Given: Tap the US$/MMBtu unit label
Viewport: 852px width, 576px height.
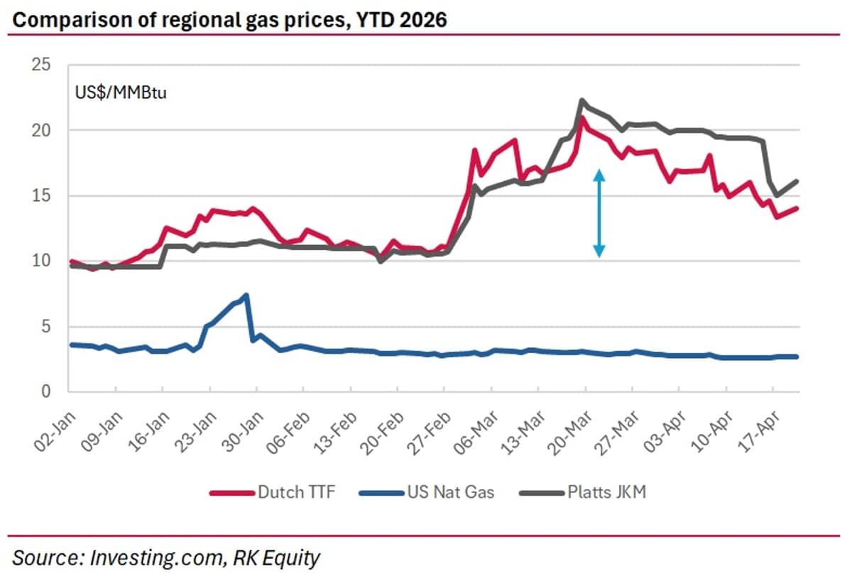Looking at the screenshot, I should pos(121,92).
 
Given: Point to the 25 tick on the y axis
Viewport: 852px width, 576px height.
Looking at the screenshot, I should pos(42,65).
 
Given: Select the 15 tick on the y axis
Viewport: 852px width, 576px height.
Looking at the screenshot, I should pos(42,196).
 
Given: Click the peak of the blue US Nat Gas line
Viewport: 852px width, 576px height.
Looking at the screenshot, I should pos(246,295).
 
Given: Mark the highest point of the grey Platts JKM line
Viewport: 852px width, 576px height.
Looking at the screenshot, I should pos(581,101).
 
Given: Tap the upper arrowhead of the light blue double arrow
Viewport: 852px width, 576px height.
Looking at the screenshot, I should pos(599,173).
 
